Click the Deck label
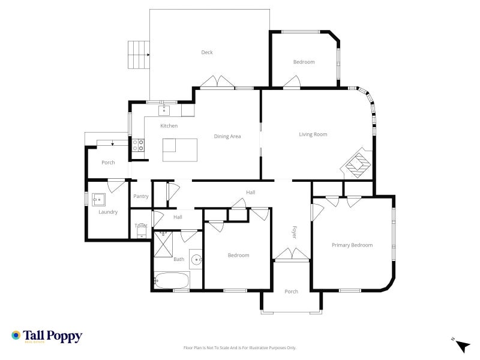[207, 52]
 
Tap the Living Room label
[313, 134]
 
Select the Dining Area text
[227, 136]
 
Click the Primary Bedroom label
[352, 245]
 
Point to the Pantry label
[141, 196]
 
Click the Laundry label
[108, 212]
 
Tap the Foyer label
[294, 232]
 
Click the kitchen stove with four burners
[138, 145]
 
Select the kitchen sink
[164, 110]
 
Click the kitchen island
[179, 150]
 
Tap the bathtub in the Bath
[172, 280]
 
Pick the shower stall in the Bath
[163, 244]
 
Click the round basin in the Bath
[196, 260]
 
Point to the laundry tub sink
[98, 200]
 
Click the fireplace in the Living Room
[358, 163]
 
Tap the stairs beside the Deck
[139, 55]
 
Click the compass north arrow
[463, 346]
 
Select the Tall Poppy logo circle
[16, 335]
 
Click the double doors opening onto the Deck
[217, 82]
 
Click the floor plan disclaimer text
[239, 348]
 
